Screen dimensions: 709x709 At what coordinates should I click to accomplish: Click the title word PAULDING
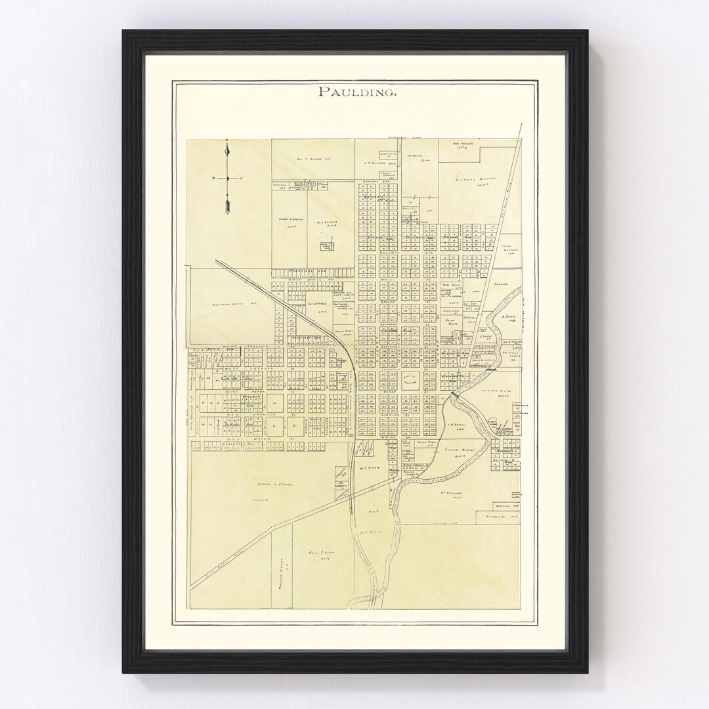point(356,92)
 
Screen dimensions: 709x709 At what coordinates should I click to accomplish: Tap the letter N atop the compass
point(226,141)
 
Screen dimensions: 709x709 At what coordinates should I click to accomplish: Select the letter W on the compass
point(213,179)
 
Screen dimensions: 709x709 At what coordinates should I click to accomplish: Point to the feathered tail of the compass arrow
point(227,209)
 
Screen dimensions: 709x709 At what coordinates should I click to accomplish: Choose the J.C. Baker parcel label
point(414,156)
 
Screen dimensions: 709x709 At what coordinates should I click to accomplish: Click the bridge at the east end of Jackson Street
point(488,370)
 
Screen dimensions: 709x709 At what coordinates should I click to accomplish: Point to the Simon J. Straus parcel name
point(270,484)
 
